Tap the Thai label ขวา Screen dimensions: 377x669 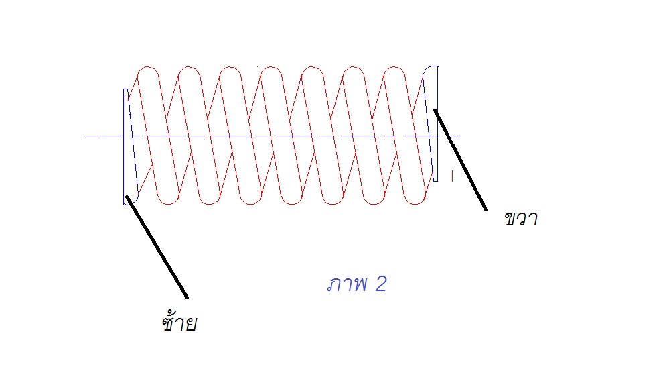click(x=521, y=219)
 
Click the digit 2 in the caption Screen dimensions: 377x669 click(x=380, y=284)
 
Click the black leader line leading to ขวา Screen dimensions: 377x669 click(x=460, y=160)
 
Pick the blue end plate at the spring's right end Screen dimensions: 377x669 click(x=435, y=124)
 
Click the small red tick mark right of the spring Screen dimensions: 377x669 click(x=453, y=176)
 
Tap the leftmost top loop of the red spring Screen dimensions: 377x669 click(x=147, y=70)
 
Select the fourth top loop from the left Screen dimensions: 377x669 click(x=271, y=70)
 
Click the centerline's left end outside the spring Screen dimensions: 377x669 click(x=94, y=136)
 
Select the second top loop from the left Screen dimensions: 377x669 click(x=189, y=70)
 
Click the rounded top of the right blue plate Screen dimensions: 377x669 click(x=432, y=68)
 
